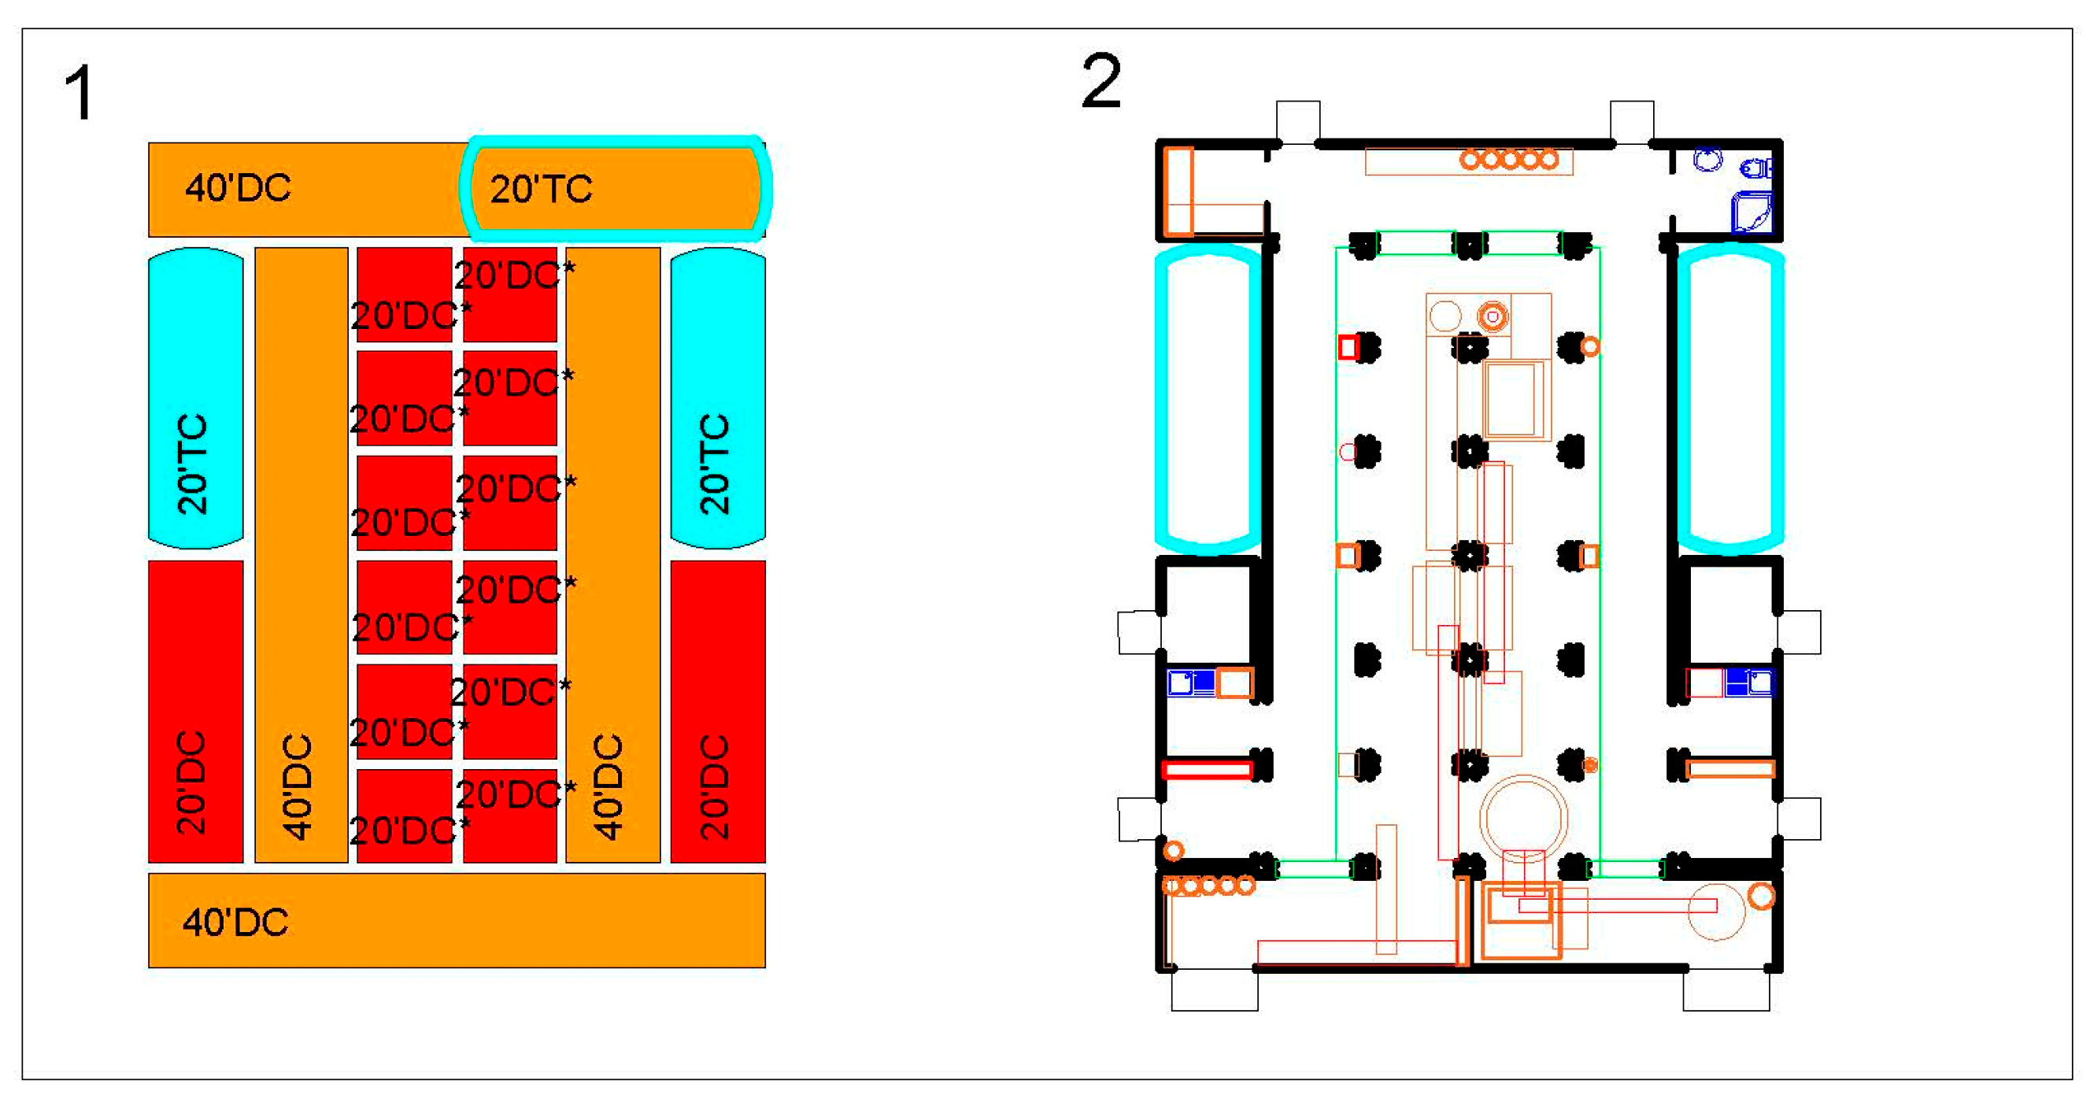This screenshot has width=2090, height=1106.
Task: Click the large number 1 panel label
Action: tap(80, 94)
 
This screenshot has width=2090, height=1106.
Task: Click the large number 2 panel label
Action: tap(1101, 80)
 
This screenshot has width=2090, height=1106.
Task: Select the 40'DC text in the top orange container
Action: tap(238, 188)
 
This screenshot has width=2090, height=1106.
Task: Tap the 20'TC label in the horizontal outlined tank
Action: tap(541, 190)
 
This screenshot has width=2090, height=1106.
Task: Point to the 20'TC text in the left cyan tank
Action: tap(193, 464)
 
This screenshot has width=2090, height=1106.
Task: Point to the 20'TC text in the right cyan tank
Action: tap(715, 464)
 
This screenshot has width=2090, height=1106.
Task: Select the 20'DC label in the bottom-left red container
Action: tap(192, 783)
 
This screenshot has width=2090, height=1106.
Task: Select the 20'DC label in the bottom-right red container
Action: tap(715, 786)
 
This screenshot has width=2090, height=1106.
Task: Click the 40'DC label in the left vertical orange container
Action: tap(298, 786)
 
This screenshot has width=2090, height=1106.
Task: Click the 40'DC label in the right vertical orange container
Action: tap(609, 786)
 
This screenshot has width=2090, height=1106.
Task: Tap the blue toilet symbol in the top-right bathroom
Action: tap(1757, 168)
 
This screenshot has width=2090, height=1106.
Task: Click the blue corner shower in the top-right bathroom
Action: tap(1752, 213)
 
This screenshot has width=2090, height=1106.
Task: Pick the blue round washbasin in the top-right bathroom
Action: tap(1708, 159)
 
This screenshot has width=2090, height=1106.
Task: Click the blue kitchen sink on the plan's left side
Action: tap(1190, 682)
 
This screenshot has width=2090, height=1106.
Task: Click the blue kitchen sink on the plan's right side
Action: tap(1749, 682)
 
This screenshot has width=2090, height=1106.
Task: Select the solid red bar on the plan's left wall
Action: tap(1207, 768)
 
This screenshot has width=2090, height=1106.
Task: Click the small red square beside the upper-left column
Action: tap(1348, 347)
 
